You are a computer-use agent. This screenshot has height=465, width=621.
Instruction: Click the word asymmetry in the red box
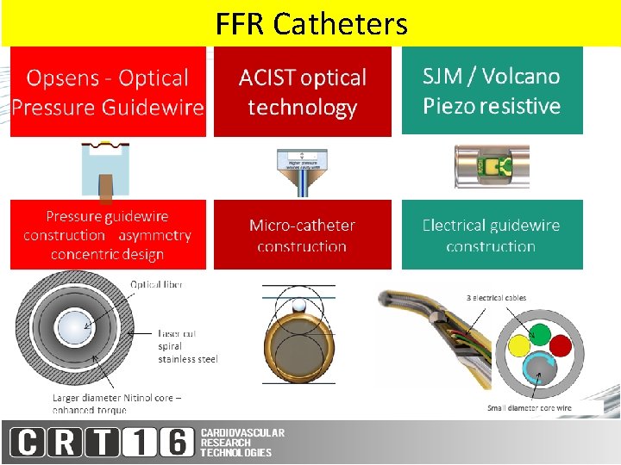(155, 235)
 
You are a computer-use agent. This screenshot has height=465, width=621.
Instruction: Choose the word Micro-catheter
(302, 226)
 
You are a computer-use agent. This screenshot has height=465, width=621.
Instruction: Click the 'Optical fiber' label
(156, 285)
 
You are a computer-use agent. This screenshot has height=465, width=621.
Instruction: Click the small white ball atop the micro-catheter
(298, 305)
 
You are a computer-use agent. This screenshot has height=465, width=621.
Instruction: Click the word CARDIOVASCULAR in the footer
(242, 432)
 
